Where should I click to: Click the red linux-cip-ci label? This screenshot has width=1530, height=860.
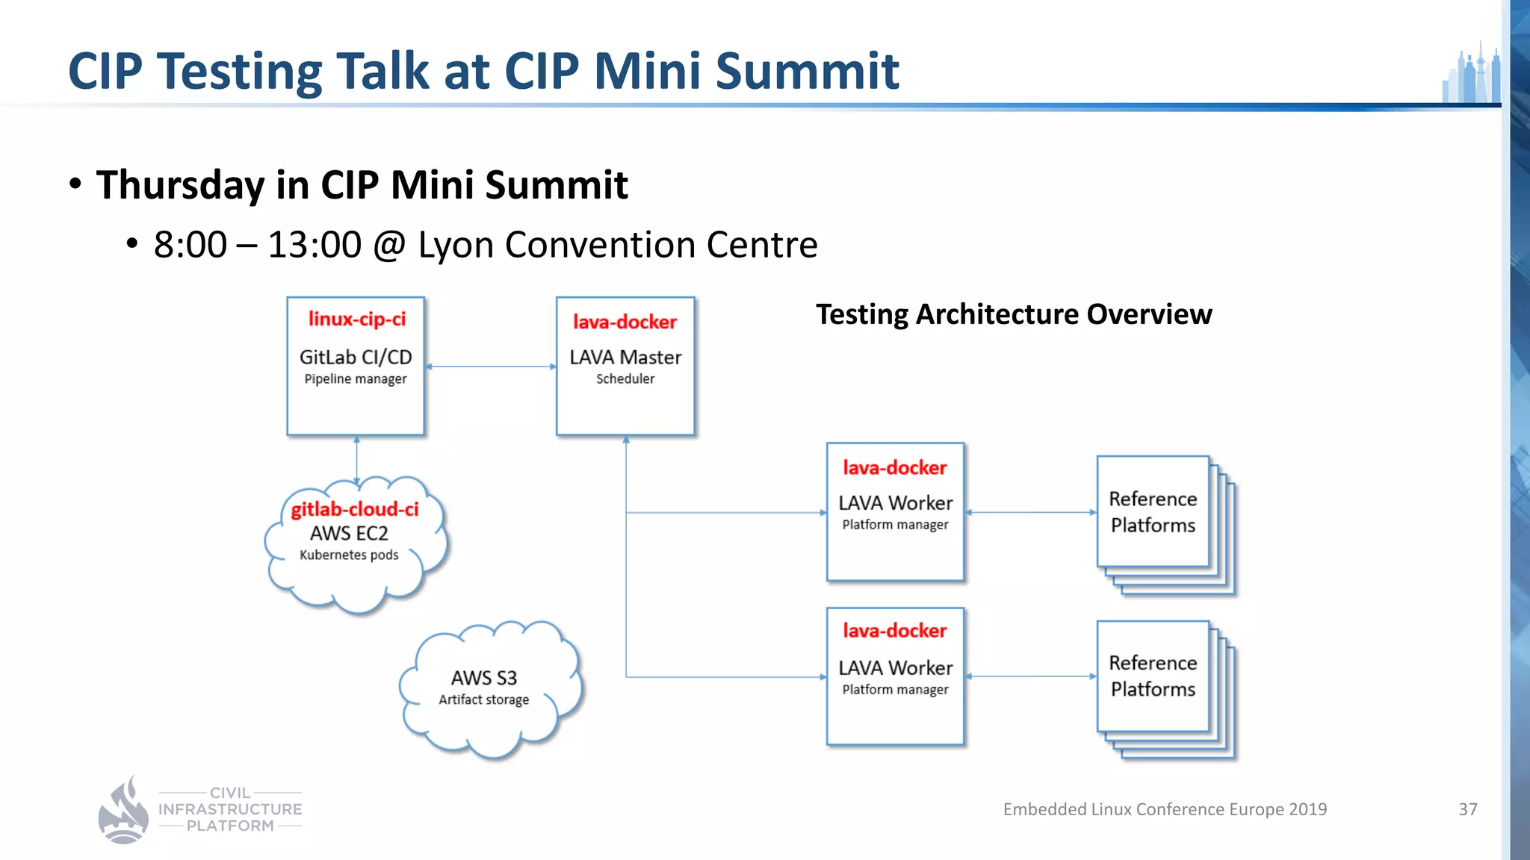(356, 320)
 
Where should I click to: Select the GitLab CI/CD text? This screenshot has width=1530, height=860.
(356, 358)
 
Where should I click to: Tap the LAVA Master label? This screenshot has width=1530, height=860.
(625, 358)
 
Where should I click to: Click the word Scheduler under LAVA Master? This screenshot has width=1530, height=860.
(625, 379)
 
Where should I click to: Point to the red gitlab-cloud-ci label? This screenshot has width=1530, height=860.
(355, 509)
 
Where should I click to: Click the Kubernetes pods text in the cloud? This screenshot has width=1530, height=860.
(349, 555)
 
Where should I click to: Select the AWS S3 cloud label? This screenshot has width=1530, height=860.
(483, 678)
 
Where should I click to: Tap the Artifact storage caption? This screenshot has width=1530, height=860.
(483, 700)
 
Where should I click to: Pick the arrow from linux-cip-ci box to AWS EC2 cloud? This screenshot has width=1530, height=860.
(356, 459)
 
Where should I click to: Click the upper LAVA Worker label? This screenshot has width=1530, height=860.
(895, 503)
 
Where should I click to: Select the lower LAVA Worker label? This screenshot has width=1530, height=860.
(895, 668)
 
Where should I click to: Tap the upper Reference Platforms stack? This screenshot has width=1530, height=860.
(1153, 512)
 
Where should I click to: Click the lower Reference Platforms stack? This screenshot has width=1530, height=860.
(1153, 676)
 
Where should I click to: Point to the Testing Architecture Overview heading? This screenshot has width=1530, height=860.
(1013, 314)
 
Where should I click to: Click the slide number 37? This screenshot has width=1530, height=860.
(1467, 809)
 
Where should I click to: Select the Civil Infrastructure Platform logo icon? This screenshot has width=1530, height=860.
(124, 811)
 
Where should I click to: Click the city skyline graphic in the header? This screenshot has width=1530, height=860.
(1471, 75)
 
